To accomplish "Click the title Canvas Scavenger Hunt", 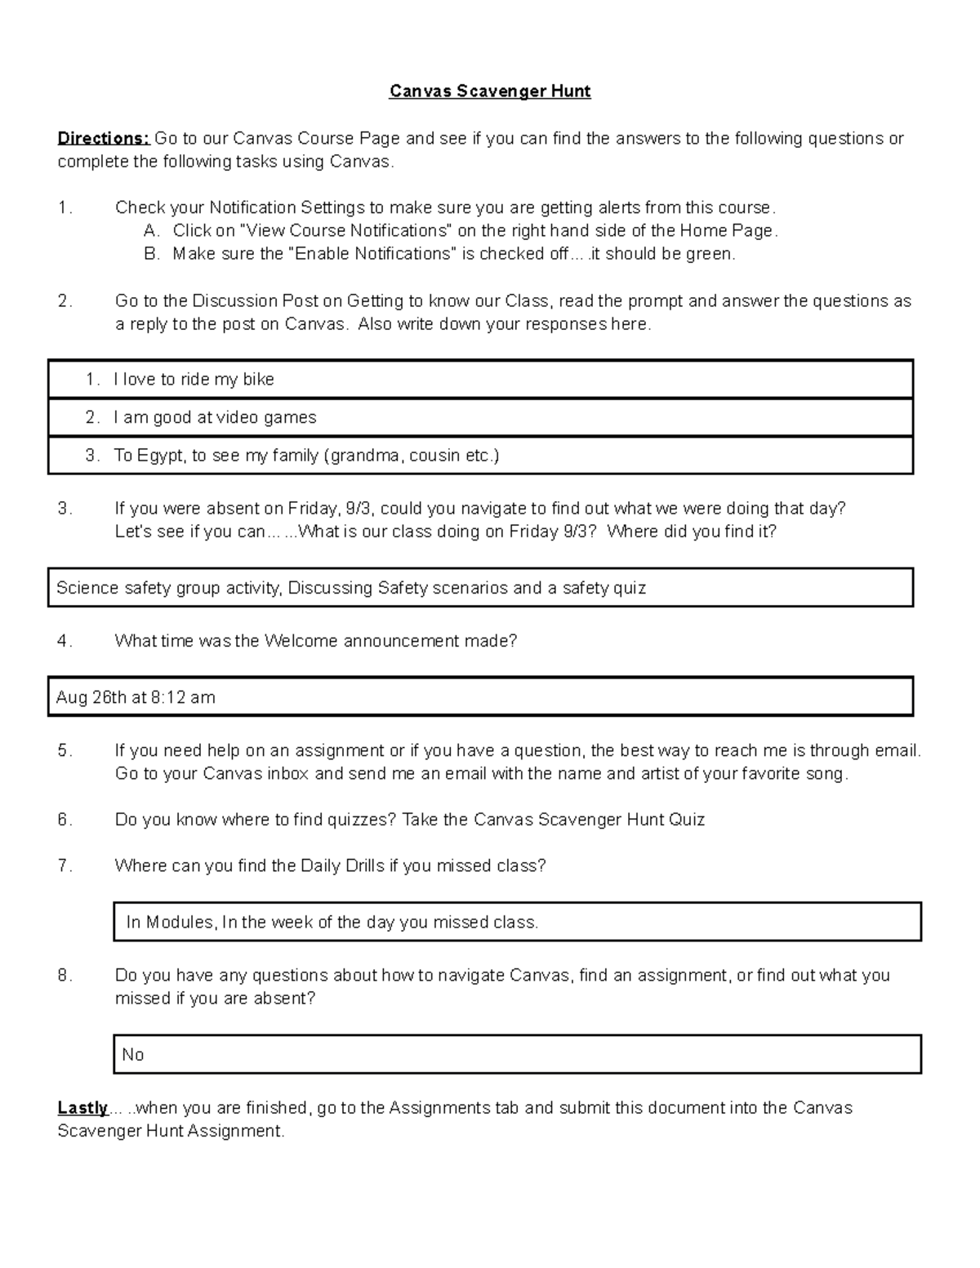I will click(x=489, y=91).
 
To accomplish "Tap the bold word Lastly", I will click(x=82, y=1108).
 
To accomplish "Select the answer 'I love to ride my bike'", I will click(x=194, y=379).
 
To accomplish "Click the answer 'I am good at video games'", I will click(x=215, y=417).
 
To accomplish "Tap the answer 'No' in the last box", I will click(x=132, y=1055).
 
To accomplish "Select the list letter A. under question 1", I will click(x=151, y=231).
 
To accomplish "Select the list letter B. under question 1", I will click(x=151, y=254).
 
